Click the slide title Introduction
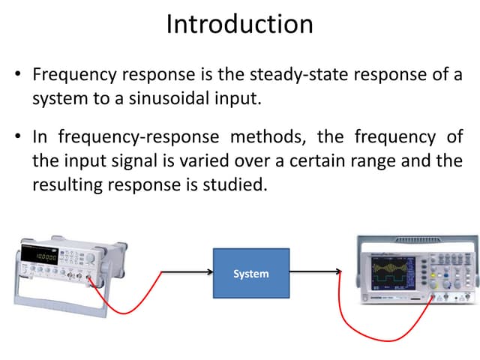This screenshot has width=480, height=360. (x=239, y=24)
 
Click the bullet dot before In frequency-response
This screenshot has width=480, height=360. (x=17, y=138)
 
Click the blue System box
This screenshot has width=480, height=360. (x=250, y=274)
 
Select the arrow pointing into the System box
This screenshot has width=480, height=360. (x=187, y=273)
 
